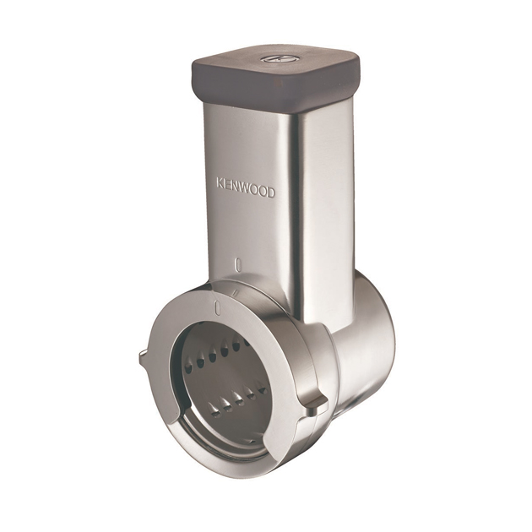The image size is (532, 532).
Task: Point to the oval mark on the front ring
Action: click(x=217, y=307)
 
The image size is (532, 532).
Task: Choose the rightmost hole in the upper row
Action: click(x=237, y=345)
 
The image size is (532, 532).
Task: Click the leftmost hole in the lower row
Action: click(x=215, y=411)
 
